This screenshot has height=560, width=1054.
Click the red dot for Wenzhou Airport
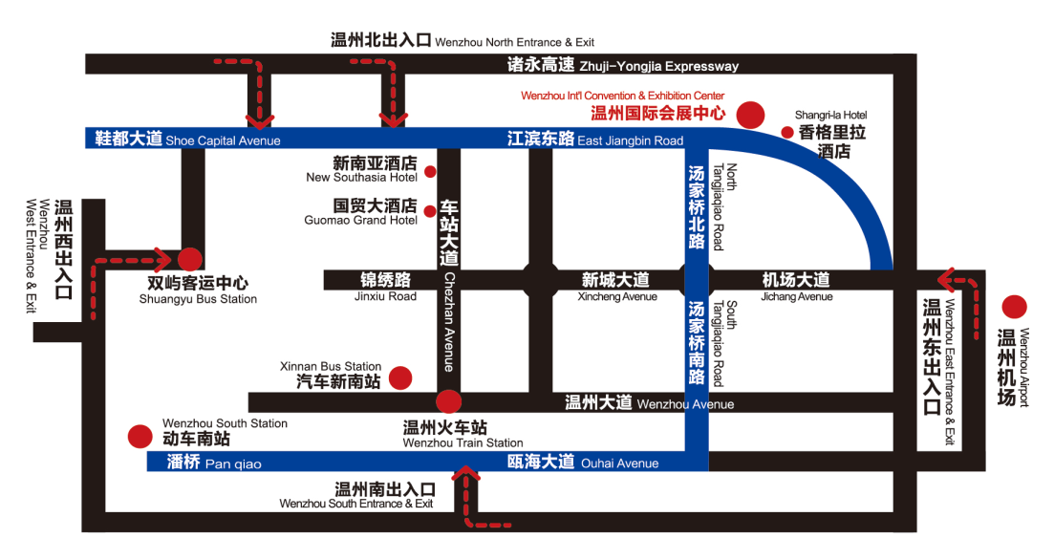coord(1014,308)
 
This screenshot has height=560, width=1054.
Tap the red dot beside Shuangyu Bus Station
coord(190,258)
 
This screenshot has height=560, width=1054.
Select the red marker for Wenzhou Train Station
coord(448,401)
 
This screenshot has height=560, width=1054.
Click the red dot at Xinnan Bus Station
coord(400,377)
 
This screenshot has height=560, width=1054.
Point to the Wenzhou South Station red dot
coord(140,437)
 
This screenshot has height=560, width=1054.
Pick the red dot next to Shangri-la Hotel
coord(787,133)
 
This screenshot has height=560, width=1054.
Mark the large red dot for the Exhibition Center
coord(752,114)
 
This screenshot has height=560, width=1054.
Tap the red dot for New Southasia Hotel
coord(430,172)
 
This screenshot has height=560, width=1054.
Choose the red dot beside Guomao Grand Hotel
coord(430,211)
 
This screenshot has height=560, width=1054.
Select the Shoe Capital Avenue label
coord(223,140)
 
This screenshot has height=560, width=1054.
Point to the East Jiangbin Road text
coord(630,140)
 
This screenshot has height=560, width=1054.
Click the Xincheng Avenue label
coord(617,296)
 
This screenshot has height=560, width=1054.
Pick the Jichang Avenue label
coord(797,296)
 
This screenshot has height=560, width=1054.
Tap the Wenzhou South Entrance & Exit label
coord(356,504)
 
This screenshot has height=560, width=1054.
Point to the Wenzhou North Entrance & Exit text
coord(514,42)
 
